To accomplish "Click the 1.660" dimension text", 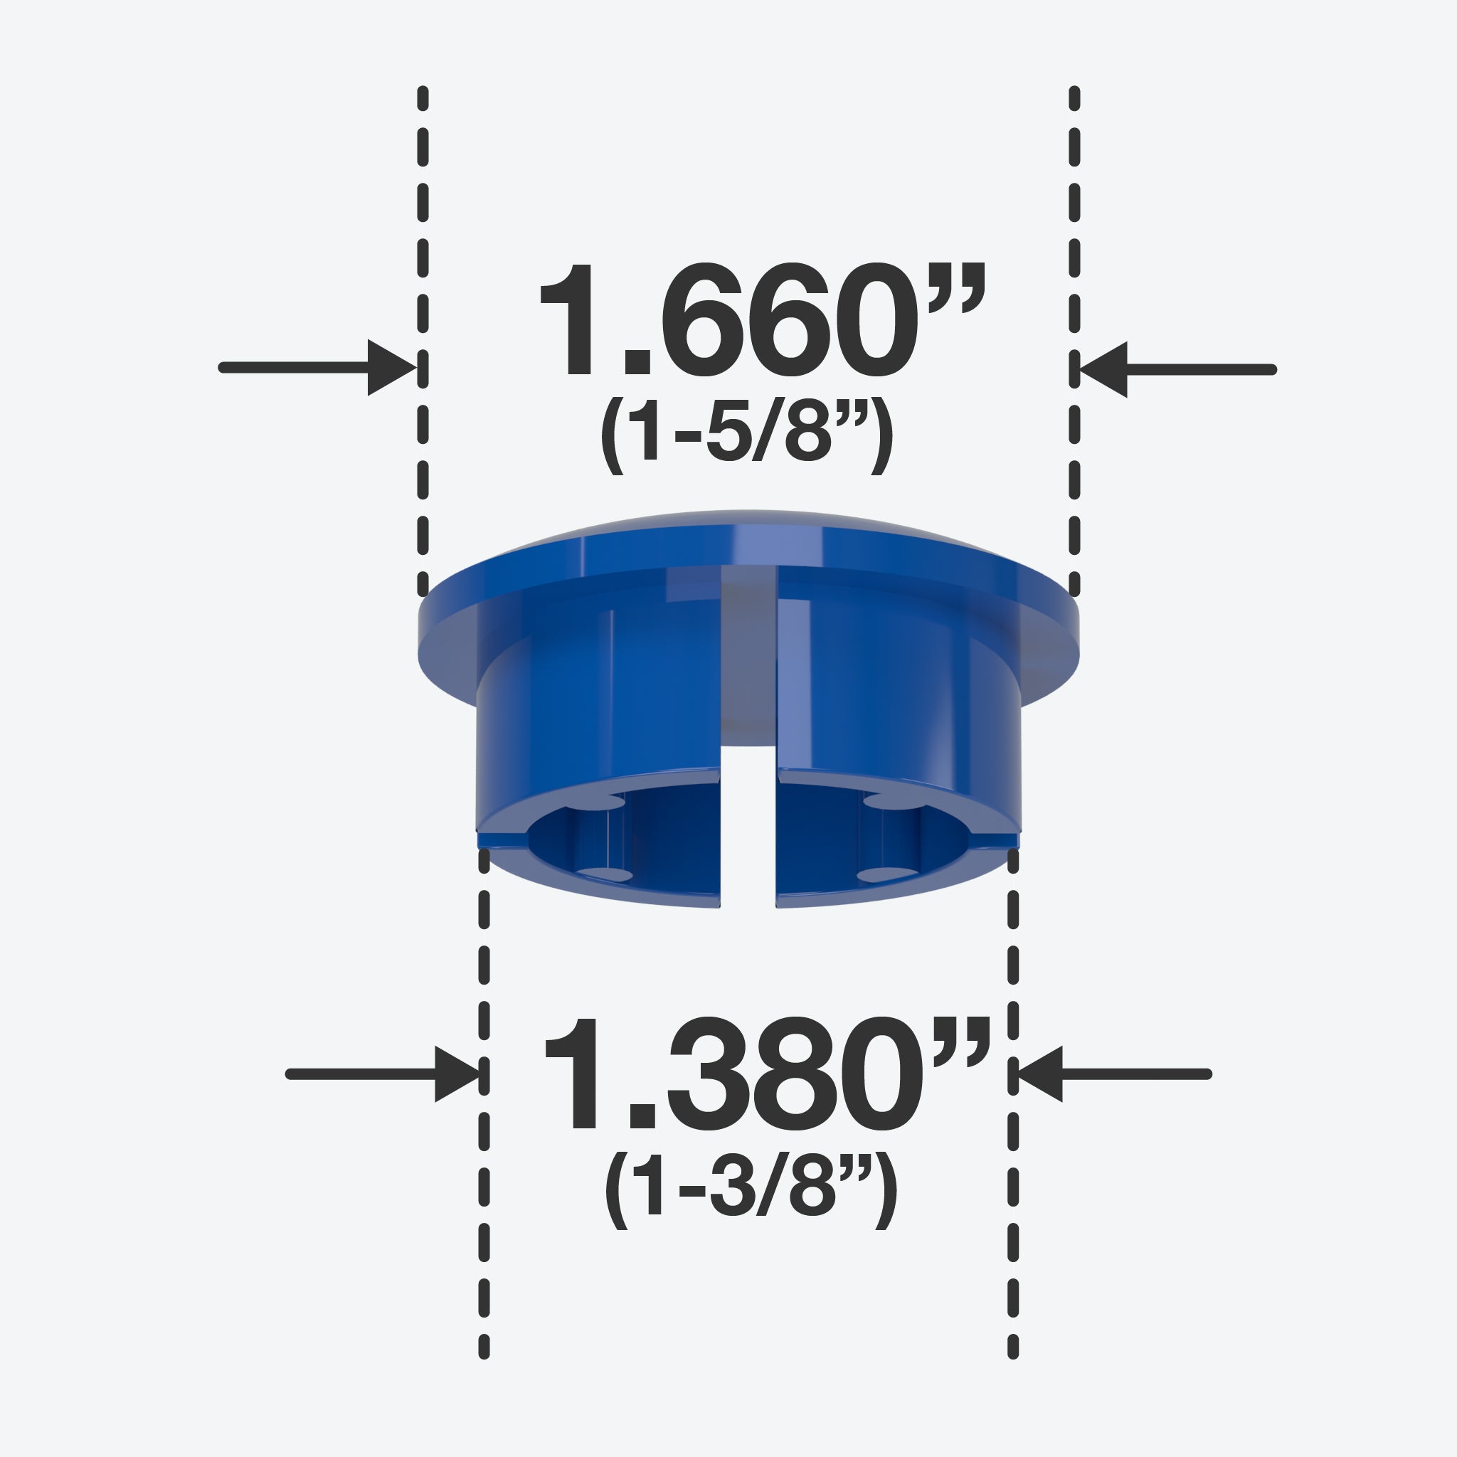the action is [762, 319].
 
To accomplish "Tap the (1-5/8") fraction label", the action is [746, 436].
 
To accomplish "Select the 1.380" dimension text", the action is [765, 1073].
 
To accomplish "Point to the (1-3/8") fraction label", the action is [751, 1190].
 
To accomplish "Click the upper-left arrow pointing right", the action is [317, 367].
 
